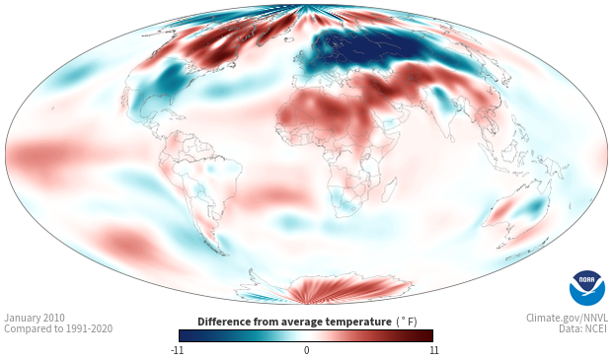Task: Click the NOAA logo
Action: tap(586, 288)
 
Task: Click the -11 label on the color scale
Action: tap(177, 350)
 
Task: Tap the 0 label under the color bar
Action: tap(306, 350)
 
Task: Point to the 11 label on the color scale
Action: tap(433, 350)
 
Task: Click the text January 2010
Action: tap(35, 318)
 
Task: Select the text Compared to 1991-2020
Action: tap(58, 329)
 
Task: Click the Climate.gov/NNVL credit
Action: tap(567, 318)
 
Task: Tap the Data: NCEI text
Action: tap(583, 329)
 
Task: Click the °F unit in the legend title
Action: tap(407, 322)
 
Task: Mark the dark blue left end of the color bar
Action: tap(187, 335)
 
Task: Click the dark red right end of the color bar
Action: tap(425, 335)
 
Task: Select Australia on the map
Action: tap(517, 213)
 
